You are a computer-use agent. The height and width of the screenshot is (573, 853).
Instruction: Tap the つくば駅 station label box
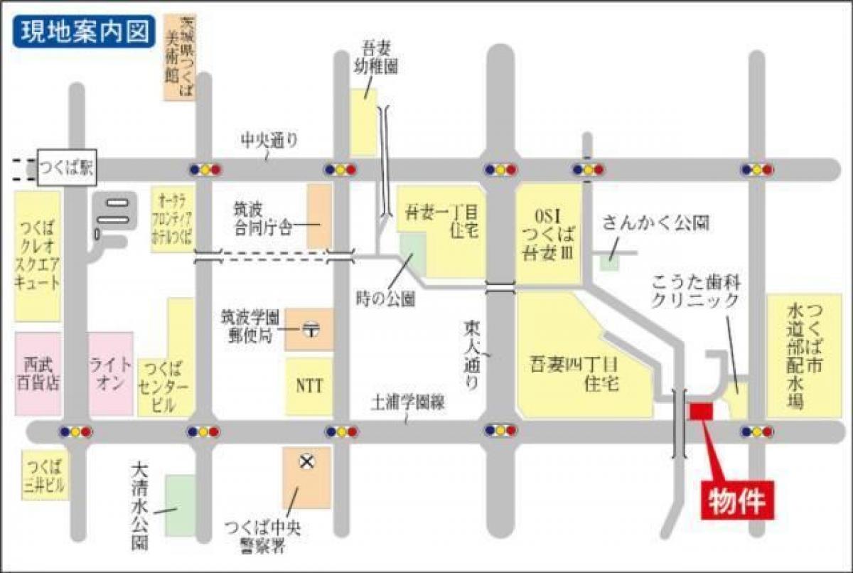coord(65,168)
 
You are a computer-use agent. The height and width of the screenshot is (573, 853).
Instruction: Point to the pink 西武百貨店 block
coord(37,373)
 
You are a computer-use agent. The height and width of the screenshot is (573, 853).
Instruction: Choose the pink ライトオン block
coord(110,373)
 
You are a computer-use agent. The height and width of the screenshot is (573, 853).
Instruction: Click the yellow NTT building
coord(309,386)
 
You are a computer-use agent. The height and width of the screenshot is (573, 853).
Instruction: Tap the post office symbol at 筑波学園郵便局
coord(310,329)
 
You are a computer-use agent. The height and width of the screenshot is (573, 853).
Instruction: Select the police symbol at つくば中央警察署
coord(306,463)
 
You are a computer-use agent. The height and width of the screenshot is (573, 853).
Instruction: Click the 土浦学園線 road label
coord(407,403)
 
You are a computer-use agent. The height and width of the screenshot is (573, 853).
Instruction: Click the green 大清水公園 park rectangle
coord(179,505)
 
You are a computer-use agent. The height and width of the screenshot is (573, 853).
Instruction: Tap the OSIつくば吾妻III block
coord(547,235)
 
